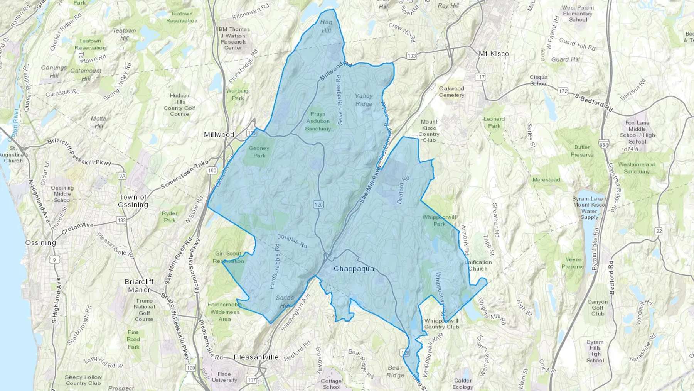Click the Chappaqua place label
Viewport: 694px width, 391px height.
pyautogui.click(x=354, y=269)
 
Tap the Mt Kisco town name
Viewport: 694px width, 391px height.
pyautogui.click(x=494, y=54)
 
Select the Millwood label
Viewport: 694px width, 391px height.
pyautogui.click(x=219, y=135)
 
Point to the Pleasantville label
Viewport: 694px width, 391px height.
pyautogui.click(x=256, y=357)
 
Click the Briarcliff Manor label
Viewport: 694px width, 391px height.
pyautogui.click(x=139, y=286)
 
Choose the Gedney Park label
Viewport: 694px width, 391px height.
pyautogui.click(x=259, y=152)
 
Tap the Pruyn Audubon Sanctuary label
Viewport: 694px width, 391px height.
pyautogui.click(x=318, y=121)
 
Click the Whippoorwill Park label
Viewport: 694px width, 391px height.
pyautogui.click(x=439, y=220)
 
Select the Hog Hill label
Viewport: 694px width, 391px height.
pyautogui.click(x=326, y=26)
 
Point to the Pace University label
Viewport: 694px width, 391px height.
pyautogui.click(x=224, y=377)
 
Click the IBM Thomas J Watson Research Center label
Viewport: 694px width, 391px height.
pyautogui.click(x=233, y=38)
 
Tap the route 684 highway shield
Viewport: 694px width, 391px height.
pyautogui.click(x=604, y=145)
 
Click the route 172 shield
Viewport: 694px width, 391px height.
pyautogui.click(x=563, y=91)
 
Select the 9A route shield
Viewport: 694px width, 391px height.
pyautogui.click(x=122, y=176)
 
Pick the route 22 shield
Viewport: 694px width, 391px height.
pyautogui.click(x=659, y=231)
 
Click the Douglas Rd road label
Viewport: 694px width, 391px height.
pyautogui.click(x=292, y=241)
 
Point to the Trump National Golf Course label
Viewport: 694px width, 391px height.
pyautogui.click(x=144, y=310)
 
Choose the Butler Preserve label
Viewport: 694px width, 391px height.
pyautogui.click(x=582, y=151)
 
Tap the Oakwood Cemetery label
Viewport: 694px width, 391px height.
pyautogui.click(x=451, y=91)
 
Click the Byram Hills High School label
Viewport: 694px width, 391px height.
pyautogui.click(x=595, y=351)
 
